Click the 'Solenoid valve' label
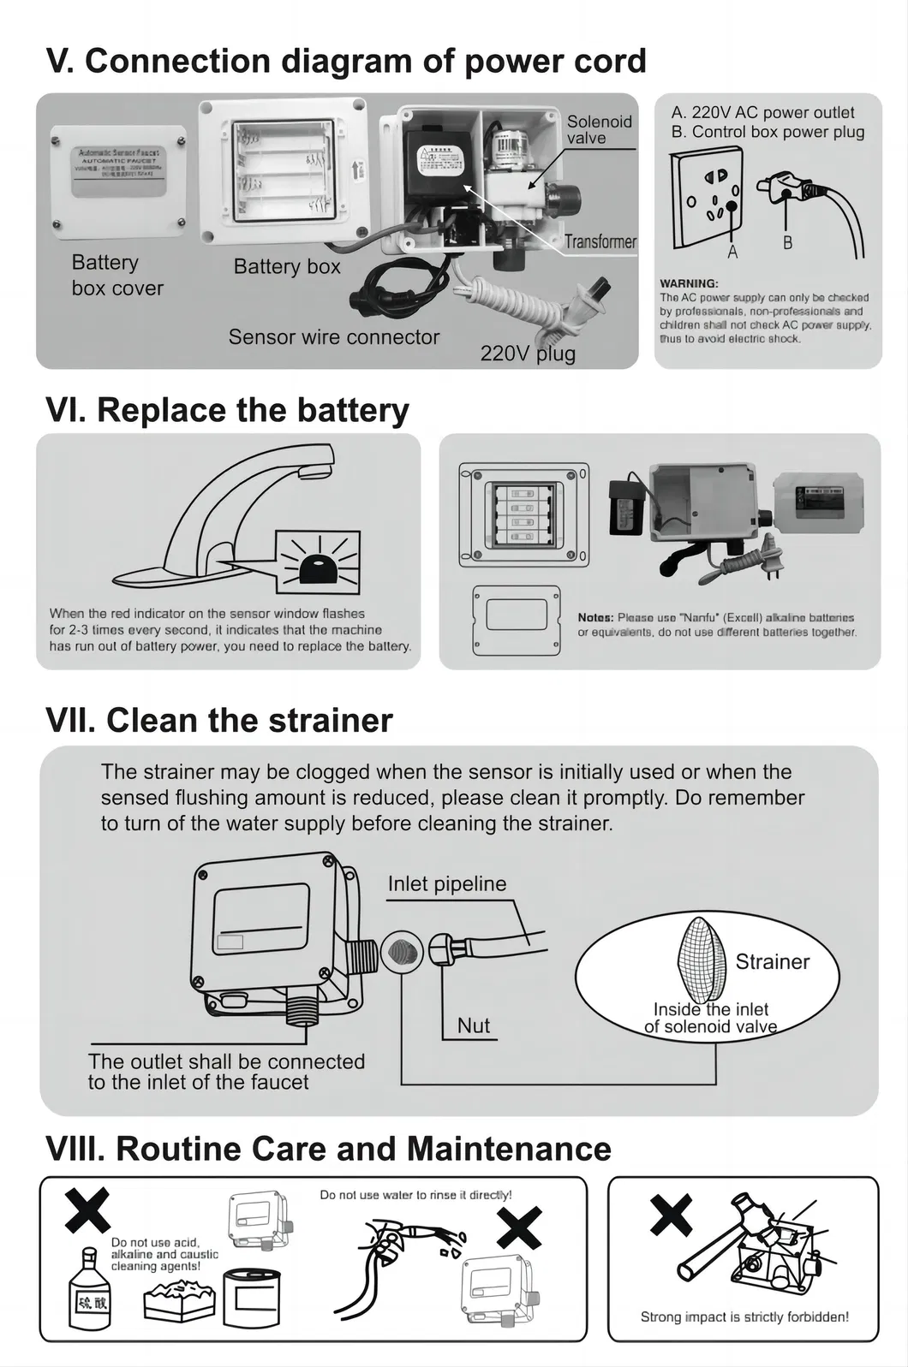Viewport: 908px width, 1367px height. (x=599, y=129)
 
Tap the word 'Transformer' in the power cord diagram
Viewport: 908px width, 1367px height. (x=600, y=241)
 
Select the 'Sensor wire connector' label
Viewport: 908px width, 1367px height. (x=333, y=337)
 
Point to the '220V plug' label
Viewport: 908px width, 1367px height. (x=528, y=353)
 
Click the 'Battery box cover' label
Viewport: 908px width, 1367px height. (x=117, y=275)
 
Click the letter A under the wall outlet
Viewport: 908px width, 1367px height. (x=732, y=253)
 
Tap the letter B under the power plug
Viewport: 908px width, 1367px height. (x=787, y=243)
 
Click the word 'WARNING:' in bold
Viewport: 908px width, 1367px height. (x=689, y=283)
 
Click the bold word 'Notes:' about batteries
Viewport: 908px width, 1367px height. (x=595, y=617)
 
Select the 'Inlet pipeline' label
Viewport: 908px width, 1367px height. (x=446, y=884)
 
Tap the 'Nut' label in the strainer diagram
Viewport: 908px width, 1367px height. (x=474, y=1025)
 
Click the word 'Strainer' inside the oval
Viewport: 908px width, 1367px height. (x=772, y=962)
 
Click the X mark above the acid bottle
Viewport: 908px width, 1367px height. (x=87, y=1209)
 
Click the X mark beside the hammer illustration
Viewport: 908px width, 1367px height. (x=671, y=1215)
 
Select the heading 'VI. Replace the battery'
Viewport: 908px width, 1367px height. (x=227, y=410)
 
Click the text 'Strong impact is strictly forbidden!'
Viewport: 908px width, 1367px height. (x=744, y=1316)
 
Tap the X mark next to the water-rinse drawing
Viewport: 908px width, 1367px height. (x=519, y=1227)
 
